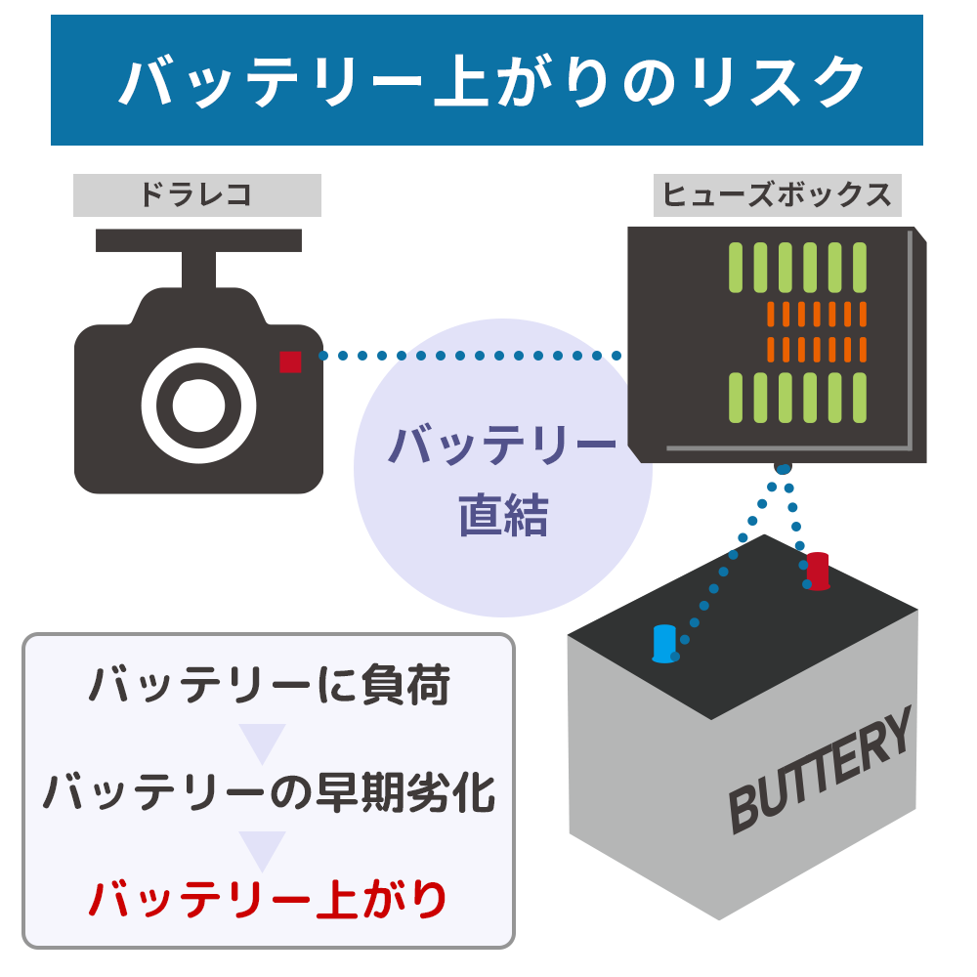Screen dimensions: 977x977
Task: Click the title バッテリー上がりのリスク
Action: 487,81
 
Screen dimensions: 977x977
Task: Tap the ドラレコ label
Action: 196,195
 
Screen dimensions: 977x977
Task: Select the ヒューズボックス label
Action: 777,195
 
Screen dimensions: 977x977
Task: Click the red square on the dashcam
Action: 290,361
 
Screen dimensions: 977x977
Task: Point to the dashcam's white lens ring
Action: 199,403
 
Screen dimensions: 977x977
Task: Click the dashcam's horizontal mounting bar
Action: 198,240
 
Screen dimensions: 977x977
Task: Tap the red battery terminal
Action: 818,571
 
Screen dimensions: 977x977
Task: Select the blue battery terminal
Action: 664,643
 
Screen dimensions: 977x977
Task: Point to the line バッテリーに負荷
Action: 268,686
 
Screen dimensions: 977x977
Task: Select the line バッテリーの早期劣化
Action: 268,793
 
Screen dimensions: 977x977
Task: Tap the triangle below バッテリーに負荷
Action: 262,743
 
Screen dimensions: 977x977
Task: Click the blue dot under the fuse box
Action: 783,468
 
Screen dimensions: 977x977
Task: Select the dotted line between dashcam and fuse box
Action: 469,356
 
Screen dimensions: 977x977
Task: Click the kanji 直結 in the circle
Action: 503,516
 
